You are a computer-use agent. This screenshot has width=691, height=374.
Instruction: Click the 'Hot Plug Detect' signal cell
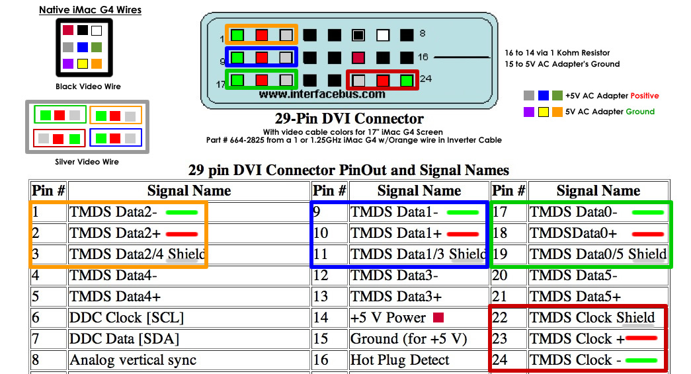[419, 360]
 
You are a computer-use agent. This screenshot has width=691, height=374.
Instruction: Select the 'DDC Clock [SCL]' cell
[189, 318]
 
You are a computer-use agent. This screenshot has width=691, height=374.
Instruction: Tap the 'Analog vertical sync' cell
[189, 360]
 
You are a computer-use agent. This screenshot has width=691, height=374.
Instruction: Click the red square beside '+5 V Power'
[438, 317]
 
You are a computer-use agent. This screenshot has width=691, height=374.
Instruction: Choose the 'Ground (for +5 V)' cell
[419, 339]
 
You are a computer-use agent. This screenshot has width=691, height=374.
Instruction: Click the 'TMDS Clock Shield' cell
[598, 318]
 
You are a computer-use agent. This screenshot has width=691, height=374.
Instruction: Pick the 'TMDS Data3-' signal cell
[419, 276]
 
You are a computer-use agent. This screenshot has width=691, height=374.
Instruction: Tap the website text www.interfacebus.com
[322, 94]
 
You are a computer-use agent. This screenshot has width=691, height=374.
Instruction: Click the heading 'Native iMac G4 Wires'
[91, 10]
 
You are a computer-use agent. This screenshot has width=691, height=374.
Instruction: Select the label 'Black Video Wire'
[88, 87]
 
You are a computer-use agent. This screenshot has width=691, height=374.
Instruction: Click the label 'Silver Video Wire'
[87, 162]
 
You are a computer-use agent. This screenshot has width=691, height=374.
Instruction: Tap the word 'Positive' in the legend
[644, 96]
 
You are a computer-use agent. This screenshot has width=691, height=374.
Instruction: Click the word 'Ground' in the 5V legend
[640, 112]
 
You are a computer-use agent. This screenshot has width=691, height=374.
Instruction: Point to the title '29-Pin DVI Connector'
[349, 118]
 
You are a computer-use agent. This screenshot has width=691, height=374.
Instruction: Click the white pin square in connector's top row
[383, 35]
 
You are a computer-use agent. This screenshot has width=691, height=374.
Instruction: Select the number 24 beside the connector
[426, 79]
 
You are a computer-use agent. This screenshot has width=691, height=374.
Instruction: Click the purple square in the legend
[529, 112]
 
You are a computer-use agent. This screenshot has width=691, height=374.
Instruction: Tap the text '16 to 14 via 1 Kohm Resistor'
[557, 53]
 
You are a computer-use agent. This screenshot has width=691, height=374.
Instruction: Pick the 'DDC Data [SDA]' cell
[189, 339]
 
